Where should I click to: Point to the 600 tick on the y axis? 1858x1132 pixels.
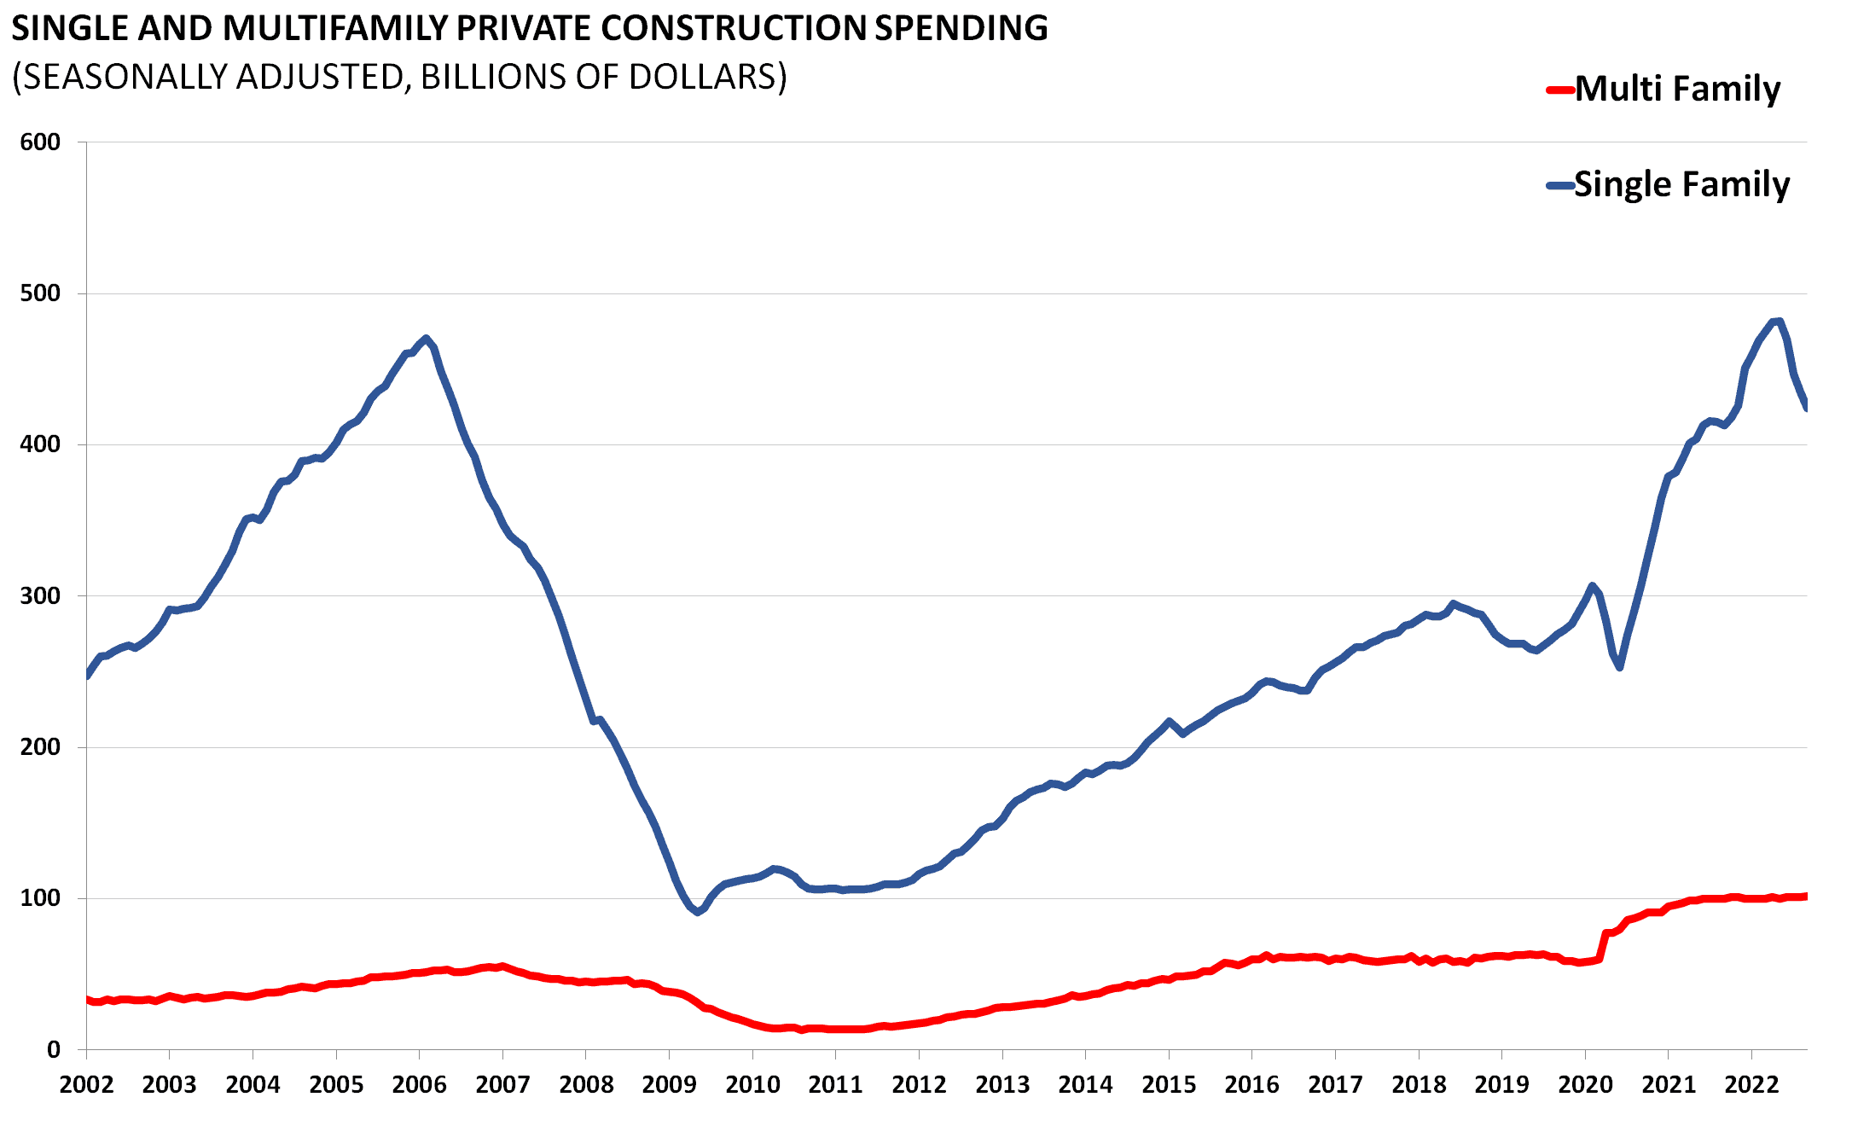(x=40, y=142)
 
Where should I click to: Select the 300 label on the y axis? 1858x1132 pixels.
(x=40, y=596)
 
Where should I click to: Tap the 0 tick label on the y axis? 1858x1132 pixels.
(x=54, y=1050)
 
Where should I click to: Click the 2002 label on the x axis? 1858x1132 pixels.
(x=86, y=1084)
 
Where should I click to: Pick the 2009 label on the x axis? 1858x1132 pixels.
(x=669, y=1084)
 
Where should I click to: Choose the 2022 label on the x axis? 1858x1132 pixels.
(x=1751, y=1084)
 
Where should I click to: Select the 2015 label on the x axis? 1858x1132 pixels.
(x=1169, y=1084)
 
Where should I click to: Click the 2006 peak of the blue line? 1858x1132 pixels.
(x=427, y=339)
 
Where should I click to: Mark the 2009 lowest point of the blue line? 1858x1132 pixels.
(x=698, y=912)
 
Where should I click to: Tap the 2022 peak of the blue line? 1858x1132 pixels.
(x=1778, y=321)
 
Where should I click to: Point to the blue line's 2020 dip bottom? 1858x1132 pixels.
(x=1619, y=667)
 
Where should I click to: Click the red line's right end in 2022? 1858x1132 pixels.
(x=1805, y=896)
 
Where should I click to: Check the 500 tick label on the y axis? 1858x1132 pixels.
(x=40, y=293)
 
